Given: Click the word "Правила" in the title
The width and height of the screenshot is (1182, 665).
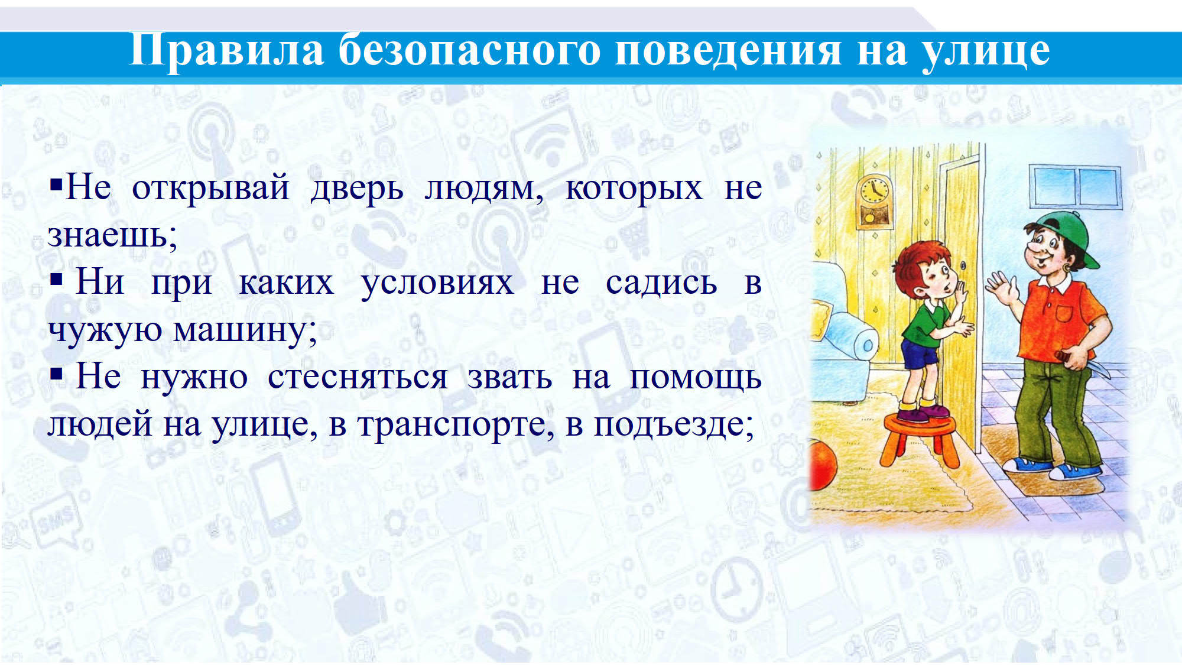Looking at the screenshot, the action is click(226, 50).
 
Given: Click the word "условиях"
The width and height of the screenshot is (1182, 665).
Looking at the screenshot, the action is click(437, 283).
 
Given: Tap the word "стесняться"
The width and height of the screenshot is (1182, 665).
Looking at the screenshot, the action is click(358, 377).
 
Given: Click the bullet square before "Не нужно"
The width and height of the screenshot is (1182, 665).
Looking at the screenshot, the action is click(56, 374).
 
